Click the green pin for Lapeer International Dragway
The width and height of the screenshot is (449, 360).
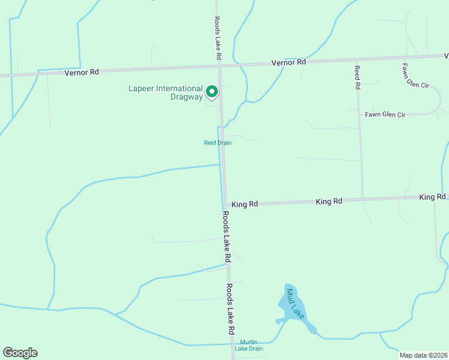[211, 91]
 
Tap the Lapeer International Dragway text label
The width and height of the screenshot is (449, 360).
[165, 92]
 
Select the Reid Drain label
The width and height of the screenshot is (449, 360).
[217, 143]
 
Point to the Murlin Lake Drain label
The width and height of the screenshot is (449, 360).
[249, 345]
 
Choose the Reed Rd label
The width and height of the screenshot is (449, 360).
[357, 77]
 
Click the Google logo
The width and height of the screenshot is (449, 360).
[20, 353]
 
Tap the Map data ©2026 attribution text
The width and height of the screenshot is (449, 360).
[424, 355]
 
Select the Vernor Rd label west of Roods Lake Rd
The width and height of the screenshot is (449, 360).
[81, 72]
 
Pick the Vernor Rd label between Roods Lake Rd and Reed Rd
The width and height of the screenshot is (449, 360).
[289, 62]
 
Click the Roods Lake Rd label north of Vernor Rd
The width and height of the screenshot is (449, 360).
[218, 37]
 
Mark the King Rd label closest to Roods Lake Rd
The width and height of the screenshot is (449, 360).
[244, 205]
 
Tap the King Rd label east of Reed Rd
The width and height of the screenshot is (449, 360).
[432, 197]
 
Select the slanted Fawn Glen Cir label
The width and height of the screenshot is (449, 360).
[415, 76]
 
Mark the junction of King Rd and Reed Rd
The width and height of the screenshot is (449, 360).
[363, 199]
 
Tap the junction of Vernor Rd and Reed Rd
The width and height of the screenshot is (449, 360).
[356, 61]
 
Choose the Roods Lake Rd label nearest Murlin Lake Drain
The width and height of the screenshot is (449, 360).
[230, 309]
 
